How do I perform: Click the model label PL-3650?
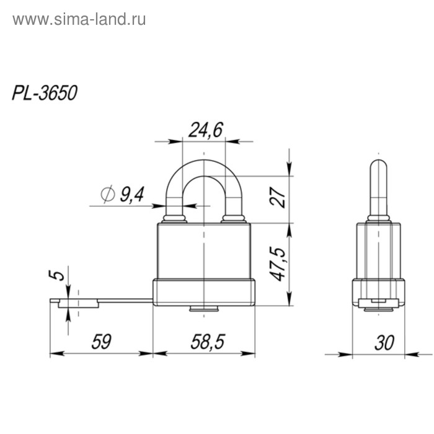click(x=45, y=93)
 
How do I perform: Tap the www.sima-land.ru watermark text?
click(x=79, y=19)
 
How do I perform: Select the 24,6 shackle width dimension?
click(x=205, y=130)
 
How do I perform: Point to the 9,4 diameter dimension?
click(x=131, y=195)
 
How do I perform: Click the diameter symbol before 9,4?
click(x=107, y=195)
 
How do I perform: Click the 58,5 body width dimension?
click(x=205, y=342)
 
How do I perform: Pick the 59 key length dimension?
click(x=101, y=342)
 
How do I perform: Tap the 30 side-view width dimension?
click(x=384, y=342)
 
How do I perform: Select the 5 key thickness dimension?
click(x=57, y=274)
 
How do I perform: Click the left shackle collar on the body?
click(x=175, y=218)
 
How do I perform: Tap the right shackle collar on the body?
click(x=234, y=218)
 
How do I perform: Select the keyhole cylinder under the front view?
click(x=204, y=309)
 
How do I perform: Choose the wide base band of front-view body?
click(x=204, y=293)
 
